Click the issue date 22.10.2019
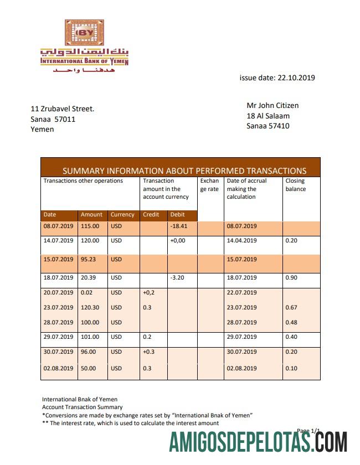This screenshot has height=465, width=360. click(x=277, y=78)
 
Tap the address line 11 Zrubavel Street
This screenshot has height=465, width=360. click(x=63, y=109)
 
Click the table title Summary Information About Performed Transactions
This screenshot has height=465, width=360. click(x=184, y=171)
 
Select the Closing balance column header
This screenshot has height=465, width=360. click(x=295, y=185)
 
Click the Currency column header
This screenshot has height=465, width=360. click(x=122, y=215)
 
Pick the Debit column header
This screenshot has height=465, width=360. click(x=178, y=215)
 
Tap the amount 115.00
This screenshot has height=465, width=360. click(x=90, y=226)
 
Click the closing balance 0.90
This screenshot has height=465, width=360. click(x=291, y=278)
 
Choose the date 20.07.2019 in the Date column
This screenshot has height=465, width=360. click(x=58, y=293)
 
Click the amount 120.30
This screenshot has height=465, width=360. click(x=90, y=308)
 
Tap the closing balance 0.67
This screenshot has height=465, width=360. click(x=291, y=308)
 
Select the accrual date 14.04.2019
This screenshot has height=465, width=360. click(x=241, y=241)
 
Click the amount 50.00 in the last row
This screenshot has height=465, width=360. click(x=90, y=369)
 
